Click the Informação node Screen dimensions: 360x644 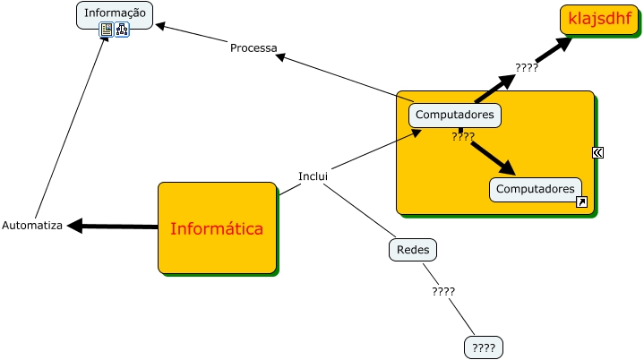(115, 13)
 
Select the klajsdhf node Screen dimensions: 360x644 (599, 18)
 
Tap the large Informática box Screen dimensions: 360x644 (217, 228)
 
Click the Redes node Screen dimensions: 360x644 (412, 250)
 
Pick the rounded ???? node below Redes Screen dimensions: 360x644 (483, 347)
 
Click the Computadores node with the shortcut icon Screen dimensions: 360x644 (535, 189)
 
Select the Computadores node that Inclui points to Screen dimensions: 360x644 (455, 115)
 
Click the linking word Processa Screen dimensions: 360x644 (253, 47)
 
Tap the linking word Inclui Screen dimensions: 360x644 (313, 176)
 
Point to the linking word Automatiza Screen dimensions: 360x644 (32, 226)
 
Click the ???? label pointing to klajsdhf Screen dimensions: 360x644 (526, 67)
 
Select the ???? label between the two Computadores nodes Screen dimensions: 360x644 (463, 136)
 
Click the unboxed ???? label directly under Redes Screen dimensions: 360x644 (443, 291)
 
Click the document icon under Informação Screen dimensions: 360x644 (107, 30)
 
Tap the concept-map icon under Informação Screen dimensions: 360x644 (123, 30)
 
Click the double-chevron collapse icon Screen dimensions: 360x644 (597, 152)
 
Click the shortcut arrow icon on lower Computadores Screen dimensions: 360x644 (581, 202)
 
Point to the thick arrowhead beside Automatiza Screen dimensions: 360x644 (76, 226)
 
